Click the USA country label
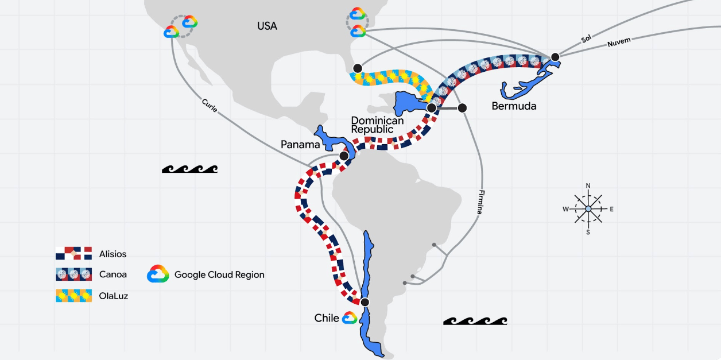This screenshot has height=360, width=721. (267, 26)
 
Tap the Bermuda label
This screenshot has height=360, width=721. (514, 106)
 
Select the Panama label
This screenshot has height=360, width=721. (300, 145)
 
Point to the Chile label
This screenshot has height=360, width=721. (327, 318)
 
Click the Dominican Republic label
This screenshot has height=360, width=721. (377, 125)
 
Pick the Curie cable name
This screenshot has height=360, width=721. (210, 105)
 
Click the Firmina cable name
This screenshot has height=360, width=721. (481, 202)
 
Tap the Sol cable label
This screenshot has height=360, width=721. (586, 38)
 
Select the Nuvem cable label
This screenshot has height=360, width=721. (619, 42)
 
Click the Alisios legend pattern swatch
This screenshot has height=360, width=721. (73, 253)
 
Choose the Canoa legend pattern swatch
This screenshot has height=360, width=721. (73, 274)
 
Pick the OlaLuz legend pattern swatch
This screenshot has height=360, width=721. (73, 296)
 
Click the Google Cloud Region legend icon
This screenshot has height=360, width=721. (158, 274)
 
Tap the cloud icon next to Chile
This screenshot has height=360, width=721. (350, 318)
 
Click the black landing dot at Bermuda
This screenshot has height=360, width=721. (555, 57)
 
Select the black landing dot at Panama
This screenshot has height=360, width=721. (344, 156)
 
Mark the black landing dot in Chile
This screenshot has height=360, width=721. (365, 302)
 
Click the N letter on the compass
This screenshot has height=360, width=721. (588, 186)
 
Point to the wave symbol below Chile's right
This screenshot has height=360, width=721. (475, 321)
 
